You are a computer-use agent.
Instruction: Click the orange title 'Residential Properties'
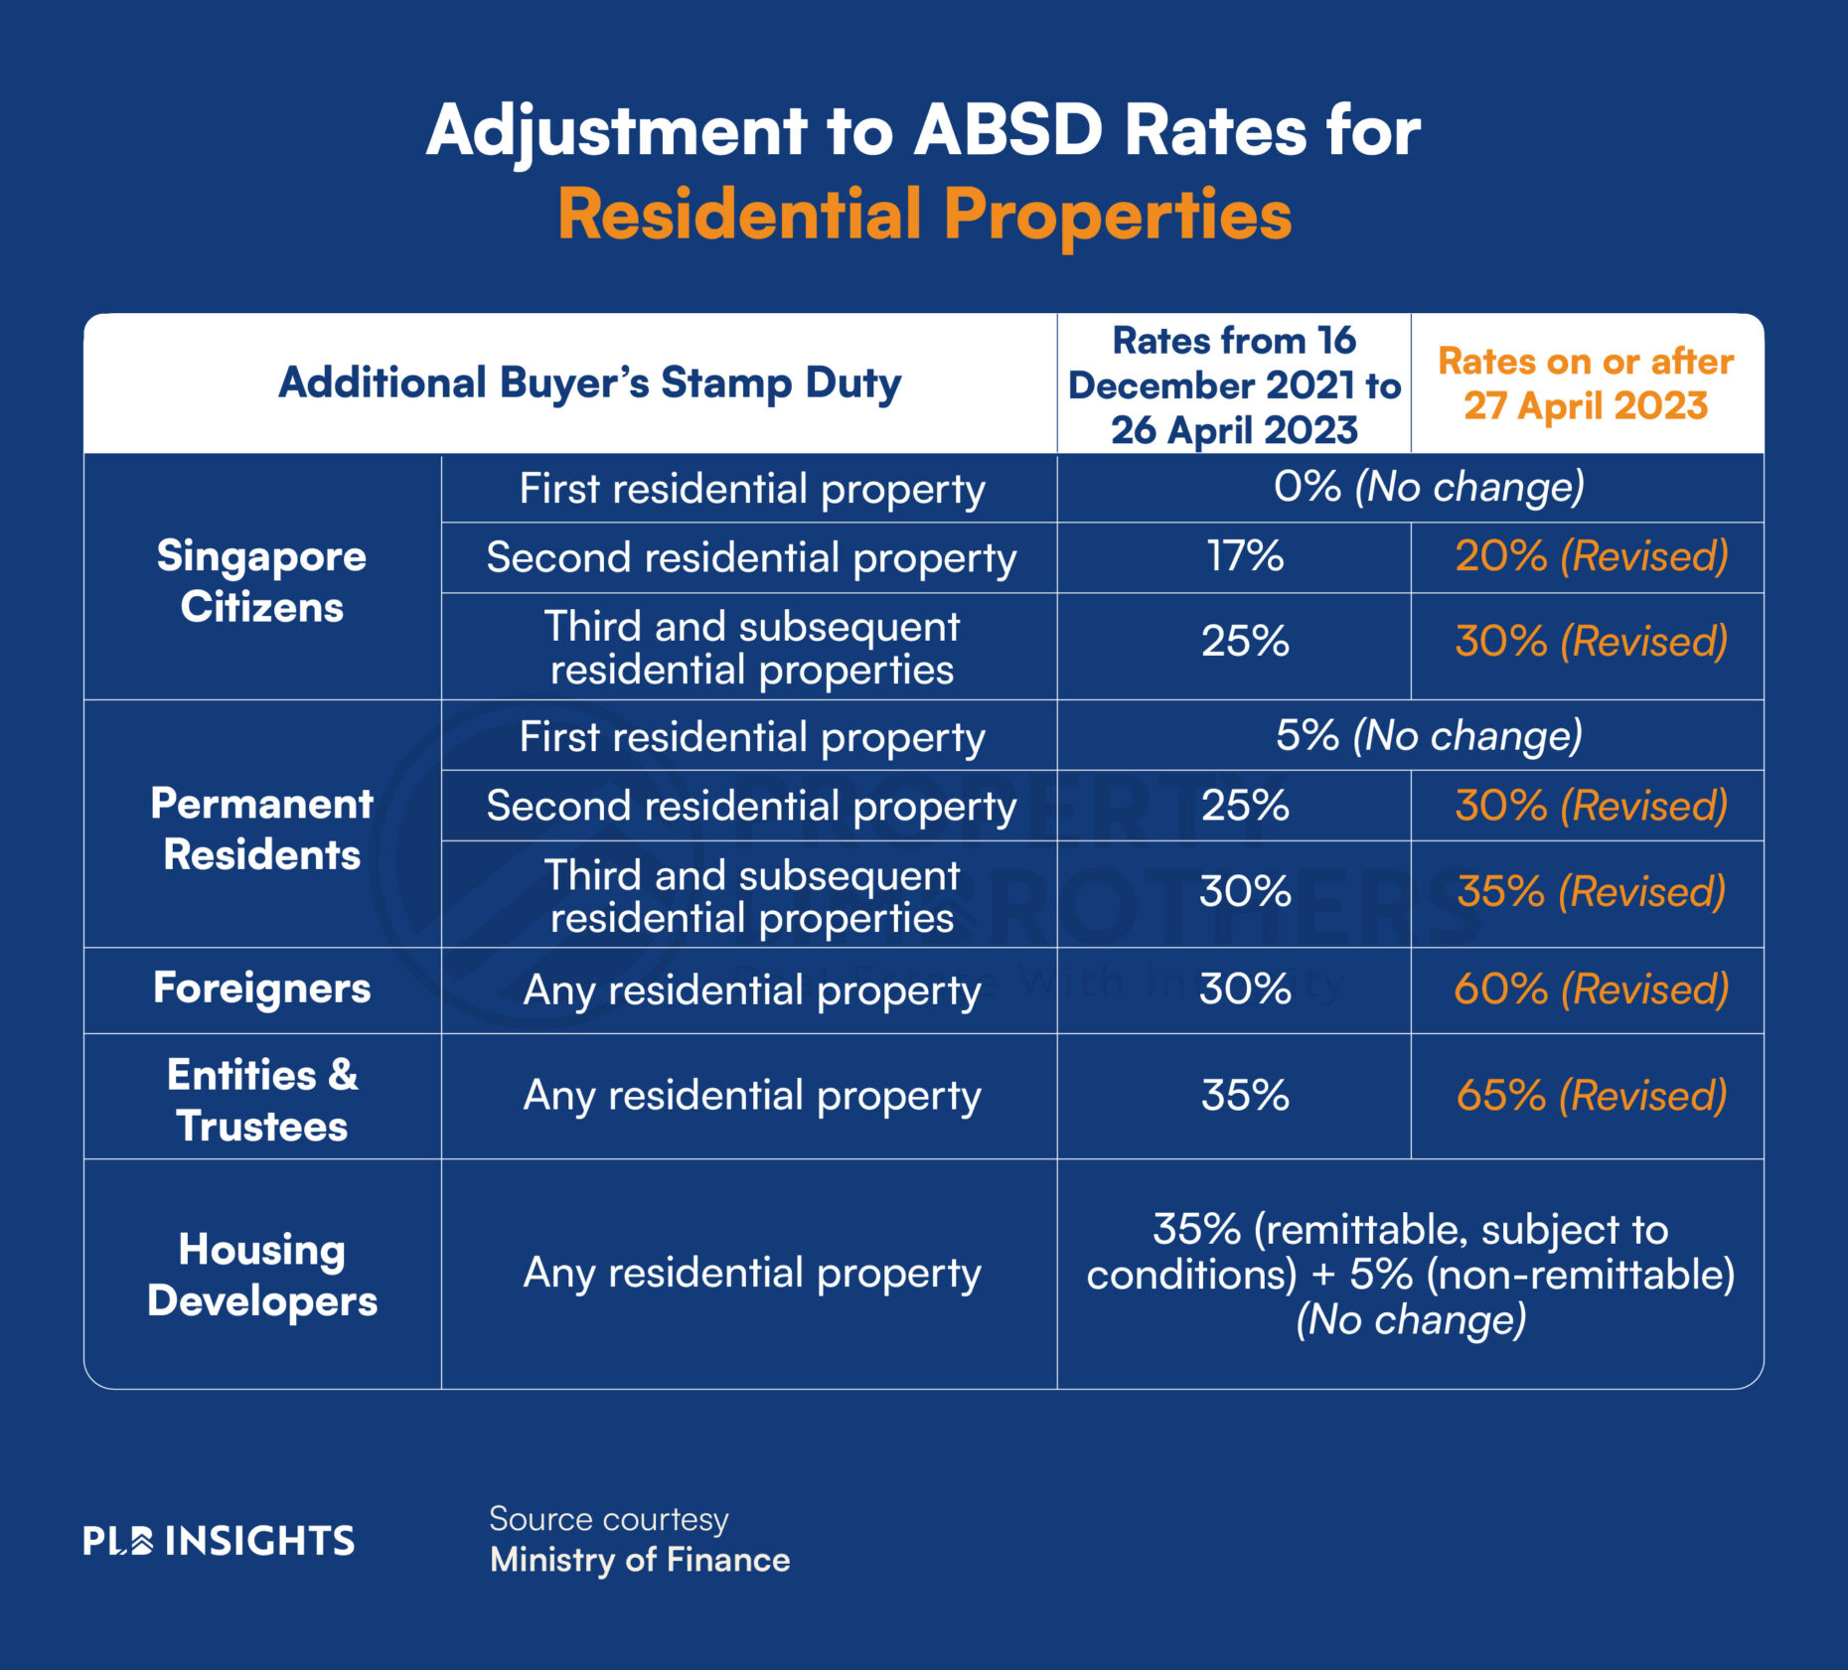pyautogui.click(x=924, y=215)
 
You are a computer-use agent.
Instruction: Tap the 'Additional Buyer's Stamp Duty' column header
pyautogui.click(x=589, y=383)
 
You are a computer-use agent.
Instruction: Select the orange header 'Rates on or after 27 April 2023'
pyautogui.click(x=1586, y=383)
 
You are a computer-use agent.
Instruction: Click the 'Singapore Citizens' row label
pyautogui.click(x=261, y=580)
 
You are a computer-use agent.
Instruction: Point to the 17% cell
pyautogui.click(x=1244, y=556)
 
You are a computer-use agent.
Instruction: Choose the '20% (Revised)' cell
pyautogui.click(x=1591, y=556)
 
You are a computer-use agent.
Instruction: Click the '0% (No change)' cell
pyautogui.click(x=1429, y=487)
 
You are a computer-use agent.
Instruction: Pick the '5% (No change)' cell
pyautogui.click(x=1429, y=736)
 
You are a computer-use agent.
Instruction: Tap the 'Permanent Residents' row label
pyautogui.click(x=261, y=829)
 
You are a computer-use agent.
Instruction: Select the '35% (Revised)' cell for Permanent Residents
pyautogui.click(x=1591, y=892)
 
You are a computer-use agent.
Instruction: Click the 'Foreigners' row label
pyautogui.click(x=261, y=988)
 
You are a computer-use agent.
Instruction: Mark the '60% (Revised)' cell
pyautogui.click(x=1591, y=989)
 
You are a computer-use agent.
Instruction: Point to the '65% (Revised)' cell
pyautogui.click(x=1591, y=1096)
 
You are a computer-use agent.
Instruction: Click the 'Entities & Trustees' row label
pyautogui.click(x=261, y=1100)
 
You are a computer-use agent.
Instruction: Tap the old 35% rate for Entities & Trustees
pyautogui.click(x=1244, y=1096)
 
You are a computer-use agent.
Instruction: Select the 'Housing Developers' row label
pyautogui.click(x=261, y=1275)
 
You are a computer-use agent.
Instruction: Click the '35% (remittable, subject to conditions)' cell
pyautogui.click(x=1410, y=1274)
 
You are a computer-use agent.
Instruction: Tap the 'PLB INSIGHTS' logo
pyautogui.click(x=219, y=1541)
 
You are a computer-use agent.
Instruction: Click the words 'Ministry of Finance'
pyautogui.click(x=639, y=1560)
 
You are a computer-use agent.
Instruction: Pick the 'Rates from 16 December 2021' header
pyautogui.click(x=1233, y=384)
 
